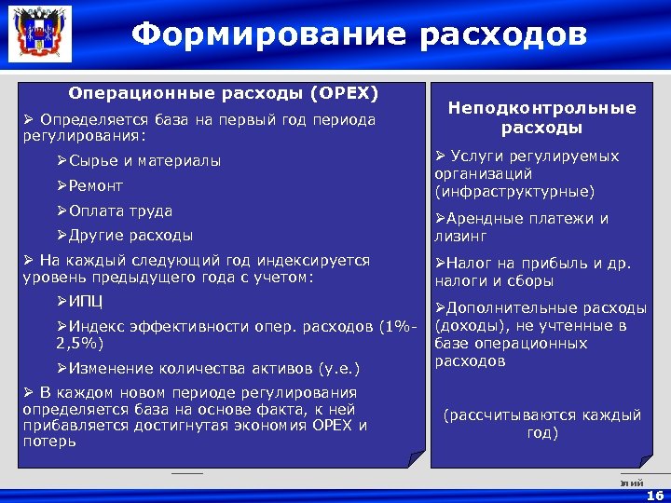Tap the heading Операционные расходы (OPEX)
pyautogui.click(x=223, y=94)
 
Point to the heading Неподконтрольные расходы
pyautogui.click(x=541, y=118)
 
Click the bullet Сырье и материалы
pyautogui.click(x=139, y=161)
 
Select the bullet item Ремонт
pyautogui.click(x=90, y=186)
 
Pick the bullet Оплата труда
pyautogui.click(x=115, y=211)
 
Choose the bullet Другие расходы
pyautogui.click(x=125, y=236)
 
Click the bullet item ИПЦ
pyautogui.click(x=80, y=302)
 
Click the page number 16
pyautogui.click(x=655, y=496)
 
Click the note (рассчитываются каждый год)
pyautogui.click(x=541, y=425)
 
